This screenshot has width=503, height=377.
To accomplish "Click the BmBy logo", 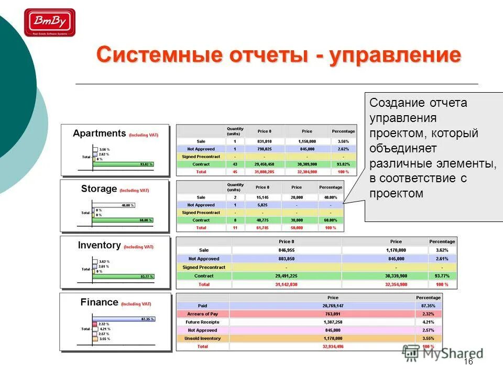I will pos(50,23).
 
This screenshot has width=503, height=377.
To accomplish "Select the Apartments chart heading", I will pos(100,133).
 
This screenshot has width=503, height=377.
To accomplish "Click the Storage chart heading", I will pos(99,189).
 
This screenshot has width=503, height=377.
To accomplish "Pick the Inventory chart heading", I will pos(100,245).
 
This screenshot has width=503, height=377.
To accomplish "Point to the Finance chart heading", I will pos(100,302).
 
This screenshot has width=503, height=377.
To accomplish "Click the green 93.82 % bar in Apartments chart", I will pos(124,164).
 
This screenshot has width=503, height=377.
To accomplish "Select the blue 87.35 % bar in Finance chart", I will pos(123,319).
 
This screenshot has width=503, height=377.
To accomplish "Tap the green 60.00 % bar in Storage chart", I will pos(124,220).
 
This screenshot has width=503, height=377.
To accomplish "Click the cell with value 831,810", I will pos(264,141).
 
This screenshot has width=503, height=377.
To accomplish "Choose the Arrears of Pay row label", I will pos(202,314).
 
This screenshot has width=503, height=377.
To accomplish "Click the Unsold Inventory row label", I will pos(202,338).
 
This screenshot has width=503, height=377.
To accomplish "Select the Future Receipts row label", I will pos(202,322).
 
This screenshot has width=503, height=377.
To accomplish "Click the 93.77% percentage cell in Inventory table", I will pos(442,275).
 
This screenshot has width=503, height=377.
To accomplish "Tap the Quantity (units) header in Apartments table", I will pos(235,131).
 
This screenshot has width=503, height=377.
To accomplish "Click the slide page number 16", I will pos(468,362).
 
